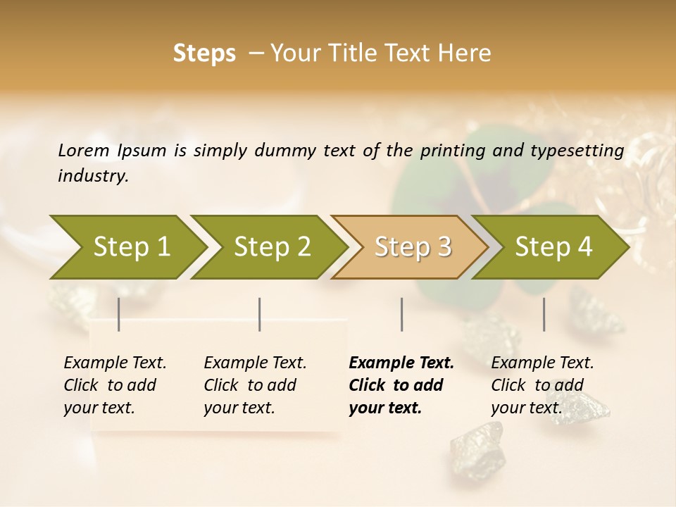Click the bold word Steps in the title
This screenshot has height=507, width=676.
point(204,54)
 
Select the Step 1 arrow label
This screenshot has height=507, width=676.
point(132,247)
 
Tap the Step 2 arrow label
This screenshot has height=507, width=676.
point(273,247)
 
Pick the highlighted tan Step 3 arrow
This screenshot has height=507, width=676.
point(413,247)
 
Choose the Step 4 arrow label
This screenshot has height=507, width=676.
point(553,247)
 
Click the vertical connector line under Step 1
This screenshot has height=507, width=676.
point(119,314)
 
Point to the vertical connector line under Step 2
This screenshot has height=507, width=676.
point(260,314)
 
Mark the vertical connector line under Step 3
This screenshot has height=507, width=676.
point(401,314)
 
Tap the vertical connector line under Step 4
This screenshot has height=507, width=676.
point(544,314)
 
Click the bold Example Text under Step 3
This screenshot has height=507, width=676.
point(401,363)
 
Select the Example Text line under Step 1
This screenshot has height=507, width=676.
point(115,363)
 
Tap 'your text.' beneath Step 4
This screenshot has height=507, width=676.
point(526,408)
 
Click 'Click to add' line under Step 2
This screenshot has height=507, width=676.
point(250,386)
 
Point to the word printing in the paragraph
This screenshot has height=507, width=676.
point(451,151)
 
